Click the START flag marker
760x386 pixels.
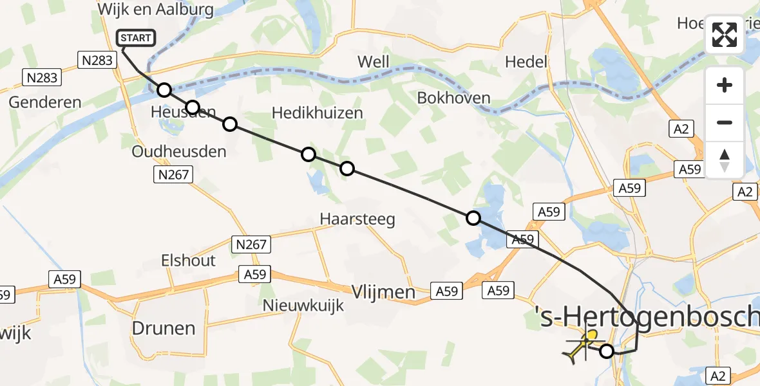(x=135, y=38)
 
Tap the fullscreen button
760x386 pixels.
(x=725, y=35)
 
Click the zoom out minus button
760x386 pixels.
(x=725, y=122)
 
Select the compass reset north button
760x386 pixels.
(x=725, y=159)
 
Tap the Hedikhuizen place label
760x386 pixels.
(x=318, y=113)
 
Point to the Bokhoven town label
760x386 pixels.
(x=454, y=98)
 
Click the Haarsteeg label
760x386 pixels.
(x=357, y=219)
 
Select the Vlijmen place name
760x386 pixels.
(x=383, y=292)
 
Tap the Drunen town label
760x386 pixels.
(x=163, y=328)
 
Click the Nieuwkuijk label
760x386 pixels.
(x=303, y=306)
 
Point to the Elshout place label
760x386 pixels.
(x=189, y=261)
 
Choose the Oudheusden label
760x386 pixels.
(x=179, y=152)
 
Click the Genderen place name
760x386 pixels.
(x=45, y=102)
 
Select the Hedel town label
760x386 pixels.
(x=526, y=62)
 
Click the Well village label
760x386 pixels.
(x=374, y=62)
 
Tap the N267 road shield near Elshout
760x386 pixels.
(x=251, y=244)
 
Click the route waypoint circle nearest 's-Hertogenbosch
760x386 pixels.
(x=607, y=351)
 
